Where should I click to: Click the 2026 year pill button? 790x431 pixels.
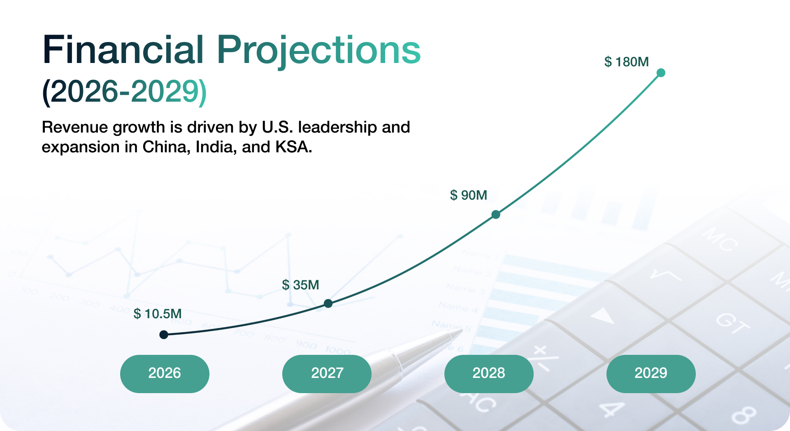pos(165,373)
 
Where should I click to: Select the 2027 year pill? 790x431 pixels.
pos(327,373)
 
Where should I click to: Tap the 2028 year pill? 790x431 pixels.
pos(489,373)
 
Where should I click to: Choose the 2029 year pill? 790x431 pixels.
pos(651,373)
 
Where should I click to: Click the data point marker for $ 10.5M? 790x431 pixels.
pos(164,334)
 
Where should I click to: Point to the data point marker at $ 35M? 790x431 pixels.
pos(328,303)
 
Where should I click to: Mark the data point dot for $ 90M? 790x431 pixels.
pos(496,214)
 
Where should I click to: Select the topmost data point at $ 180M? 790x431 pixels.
pos(661,73)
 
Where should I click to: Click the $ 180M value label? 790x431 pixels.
pos(626,62)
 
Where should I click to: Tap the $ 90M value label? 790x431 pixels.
pos(468,195)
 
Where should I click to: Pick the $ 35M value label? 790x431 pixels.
pos(300,285)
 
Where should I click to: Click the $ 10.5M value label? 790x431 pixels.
pos(157,314)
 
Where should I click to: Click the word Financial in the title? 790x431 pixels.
pos(123,50)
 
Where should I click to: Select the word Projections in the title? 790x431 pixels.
pos(318,50)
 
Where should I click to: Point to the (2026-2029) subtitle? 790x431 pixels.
pos(124,91)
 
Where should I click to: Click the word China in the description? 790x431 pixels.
pos(166,147)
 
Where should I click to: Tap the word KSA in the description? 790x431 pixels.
pos(293,147)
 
